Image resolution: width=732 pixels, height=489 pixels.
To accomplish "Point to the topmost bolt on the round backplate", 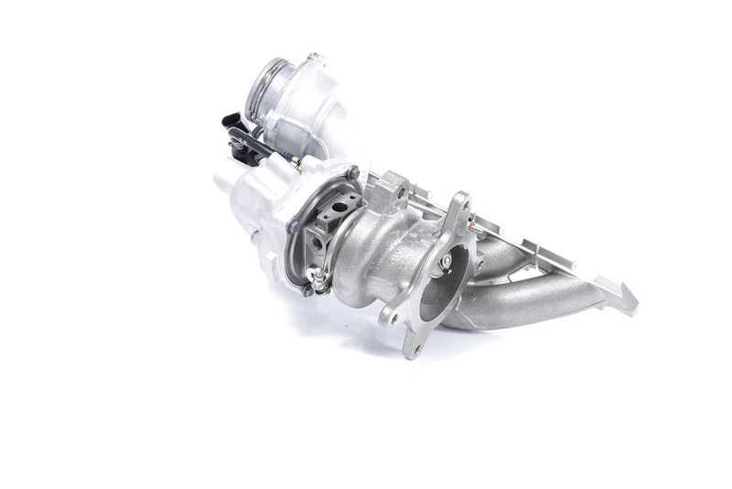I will (x=352, y=172).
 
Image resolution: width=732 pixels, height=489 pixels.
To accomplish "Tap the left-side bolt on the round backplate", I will (x=292, y=226).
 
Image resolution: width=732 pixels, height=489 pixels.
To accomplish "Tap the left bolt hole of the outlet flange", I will (x=391, y=320).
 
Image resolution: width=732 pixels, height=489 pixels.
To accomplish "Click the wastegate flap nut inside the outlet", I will (x=446, y=262).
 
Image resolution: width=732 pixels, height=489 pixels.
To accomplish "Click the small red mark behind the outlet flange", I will (x=472, y=221).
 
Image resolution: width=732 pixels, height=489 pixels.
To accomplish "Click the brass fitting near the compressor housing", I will (x=296, y=163).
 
